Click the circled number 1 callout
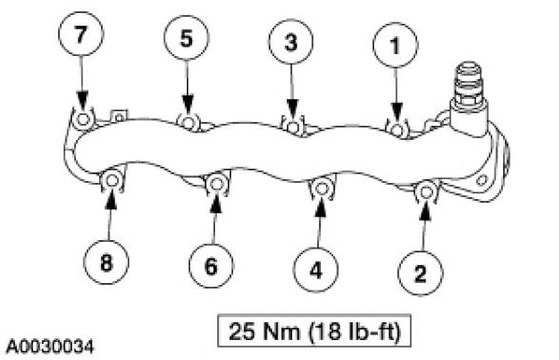[395, 45]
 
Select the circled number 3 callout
[291, 42]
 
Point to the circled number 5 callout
[187, 37]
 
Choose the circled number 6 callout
[212, 266]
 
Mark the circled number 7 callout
[81, 35]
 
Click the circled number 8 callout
[106, 263]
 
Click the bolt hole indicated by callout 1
[397, 129]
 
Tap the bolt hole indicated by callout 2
[426, 191]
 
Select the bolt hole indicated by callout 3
[293, 126]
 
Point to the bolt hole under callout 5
[189, 122]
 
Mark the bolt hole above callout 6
[216, 183]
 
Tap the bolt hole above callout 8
[111, 181]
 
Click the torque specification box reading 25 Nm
[314, 330]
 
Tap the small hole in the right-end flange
[481, 181]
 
